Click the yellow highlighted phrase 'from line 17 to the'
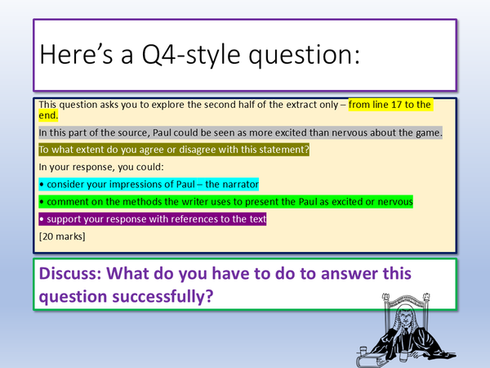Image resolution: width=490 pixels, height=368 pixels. click(390, 105)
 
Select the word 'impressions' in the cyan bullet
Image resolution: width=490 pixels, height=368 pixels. click(133, 184)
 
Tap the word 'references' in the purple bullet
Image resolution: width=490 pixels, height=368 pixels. click(177, 220)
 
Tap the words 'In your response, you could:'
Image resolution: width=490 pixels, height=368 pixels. click(98, 167)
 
